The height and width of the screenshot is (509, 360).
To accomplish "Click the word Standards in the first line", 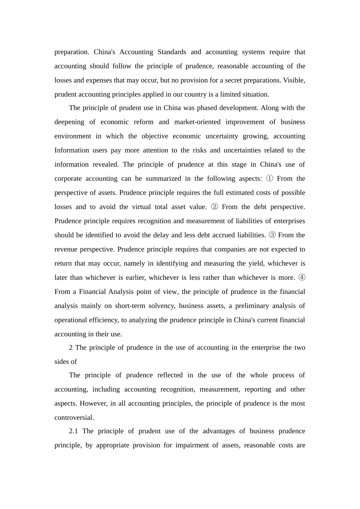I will (x=172, y=52).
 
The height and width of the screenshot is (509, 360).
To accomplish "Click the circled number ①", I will (x=269, y=178).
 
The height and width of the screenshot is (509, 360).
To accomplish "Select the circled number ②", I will (x=214, y=207).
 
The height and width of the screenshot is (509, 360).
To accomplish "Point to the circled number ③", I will (x=272, y=235).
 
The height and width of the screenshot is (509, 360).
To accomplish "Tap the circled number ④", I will (x=302, y=278).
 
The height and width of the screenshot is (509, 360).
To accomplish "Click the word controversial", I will (x=74, y=418).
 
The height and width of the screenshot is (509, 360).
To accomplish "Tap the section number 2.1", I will (x=74, y=431).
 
